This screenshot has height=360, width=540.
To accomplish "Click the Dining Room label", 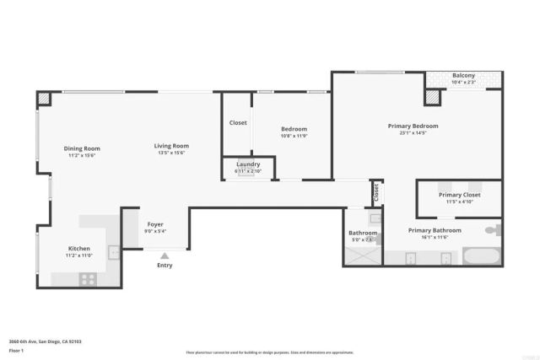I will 82,148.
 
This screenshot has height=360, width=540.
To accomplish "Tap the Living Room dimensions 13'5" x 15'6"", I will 172,153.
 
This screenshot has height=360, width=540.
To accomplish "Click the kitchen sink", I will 112,249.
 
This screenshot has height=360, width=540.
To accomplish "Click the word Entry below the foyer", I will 165,265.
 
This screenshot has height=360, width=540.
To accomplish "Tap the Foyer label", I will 155,224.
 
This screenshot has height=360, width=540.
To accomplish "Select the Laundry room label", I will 248,164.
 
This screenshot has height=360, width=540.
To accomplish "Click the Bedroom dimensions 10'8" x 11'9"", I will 294,137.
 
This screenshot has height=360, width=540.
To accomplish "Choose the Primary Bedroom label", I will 413,126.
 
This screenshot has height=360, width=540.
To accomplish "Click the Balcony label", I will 463,75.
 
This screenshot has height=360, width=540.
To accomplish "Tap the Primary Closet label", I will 459,195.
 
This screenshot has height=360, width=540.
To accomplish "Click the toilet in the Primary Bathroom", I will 493,229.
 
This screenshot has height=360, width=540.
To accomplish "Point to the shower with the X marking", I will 362,256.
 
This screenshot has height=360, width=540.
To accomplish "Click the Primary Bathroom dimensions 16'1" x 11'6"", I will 435,238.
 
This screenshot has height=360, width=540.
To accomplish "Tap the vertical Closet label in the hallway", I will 376,192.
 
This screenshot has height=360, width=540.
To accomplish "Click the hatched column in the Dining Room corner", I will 45,99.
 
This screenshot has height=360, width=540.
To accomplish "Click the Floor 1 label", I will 16,350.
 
